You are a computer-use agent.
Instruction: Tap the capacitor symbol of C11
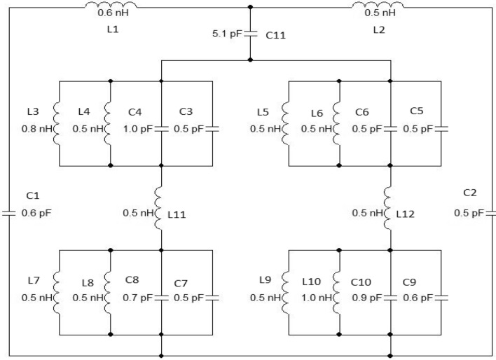251,34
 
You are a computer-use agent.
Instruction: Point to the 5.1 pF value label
228,34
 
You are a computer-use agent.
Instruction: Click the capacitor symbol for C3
212,128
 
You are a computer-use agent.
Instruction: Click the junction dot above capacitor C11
251,8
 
